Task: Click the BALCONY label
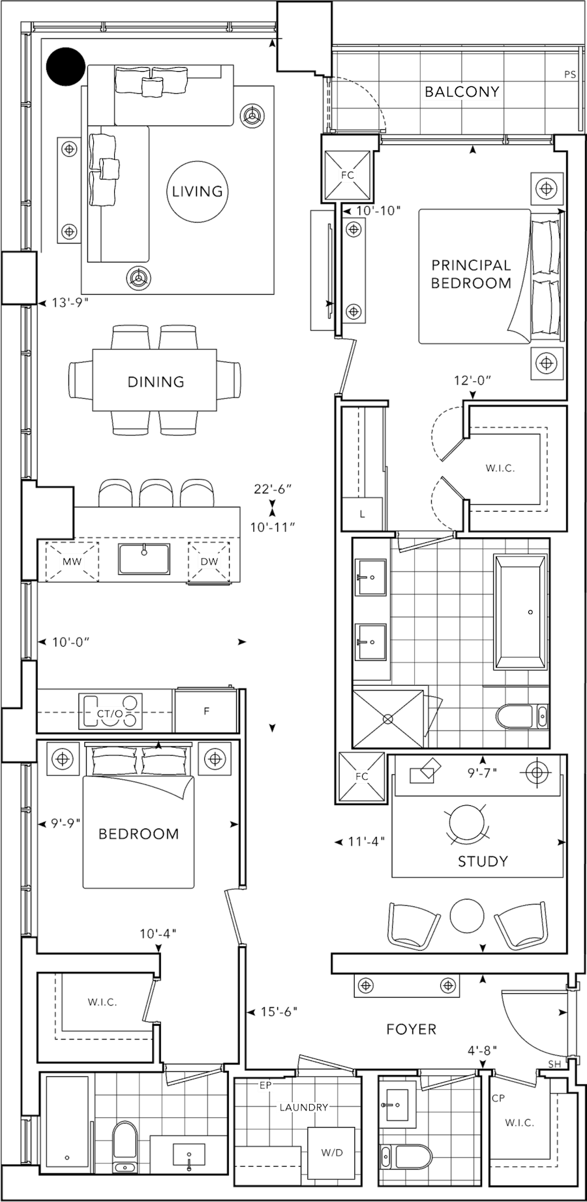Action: point(462,92)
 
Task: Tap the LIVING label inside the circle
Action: point(198,191)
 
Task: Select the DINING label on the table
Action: point(156,382)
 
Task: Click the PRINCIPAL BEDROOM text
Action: point(471,274)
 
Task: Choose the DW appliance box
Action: point(210,561)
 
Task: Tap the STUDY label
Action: point(483,861)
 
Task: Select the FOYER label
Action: point(411,1029)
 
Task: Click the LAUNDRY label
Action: point(302,1107)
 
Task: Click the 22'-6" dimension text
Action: point(273,488)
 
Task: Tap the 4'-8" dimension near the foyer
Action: point(483,1051)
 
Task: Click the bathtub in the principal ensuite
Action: point(521,612)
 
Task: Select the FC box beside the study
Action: point(362,777)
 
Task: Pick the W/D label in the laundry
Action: point(331,1152)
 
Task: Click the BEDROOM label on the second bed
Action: point(138,833)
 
